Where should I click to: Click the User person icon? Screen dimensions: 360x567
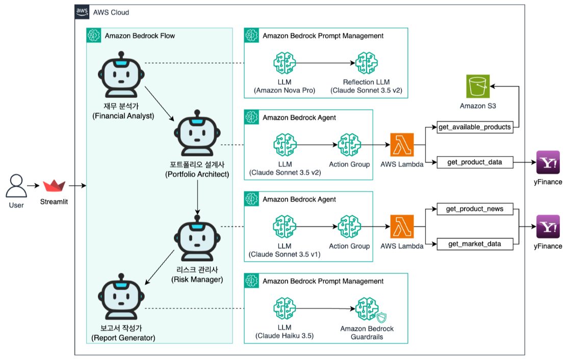16,187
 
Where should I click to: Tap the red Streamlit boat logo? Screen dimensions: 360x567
54,187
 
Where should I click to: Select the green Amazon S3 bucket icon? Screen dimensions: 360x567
478,87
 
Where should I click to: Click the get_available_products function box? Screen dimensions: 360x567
475,127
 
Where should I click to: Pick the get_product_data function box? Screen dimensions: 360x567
475,162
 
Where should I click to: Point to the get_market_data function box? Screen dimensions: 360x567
475,244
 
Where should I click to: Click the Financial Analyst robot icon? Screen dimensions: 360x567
120,71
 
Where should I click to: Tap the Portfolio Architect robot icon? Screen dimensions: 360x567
196,134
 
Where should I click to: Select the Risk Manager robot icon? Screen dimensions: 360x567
196,240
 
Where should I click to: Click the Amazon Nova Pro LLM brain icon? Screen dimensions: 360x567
285,64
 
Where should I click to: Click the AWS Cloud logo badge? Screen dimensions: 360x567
82,11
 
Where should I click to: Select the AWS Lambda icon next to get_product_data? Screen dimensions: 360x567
402,145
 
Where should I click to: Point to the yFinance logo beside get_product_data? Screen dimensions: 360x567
548,163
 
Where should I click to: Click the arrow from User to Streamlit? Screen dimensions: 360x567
34,187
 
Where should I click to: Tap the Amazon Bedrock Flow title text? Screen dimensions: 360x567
140,36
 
